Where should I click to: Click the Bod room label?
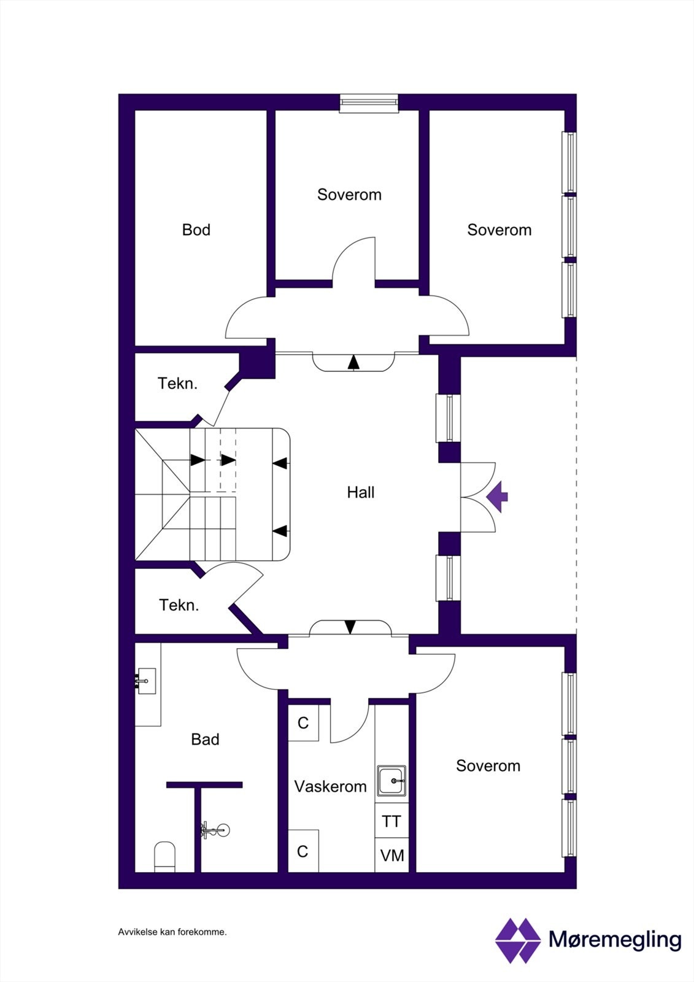pos(196,230)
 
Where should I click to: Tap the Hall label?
pos(360,492)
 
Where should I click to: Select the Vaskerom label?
pos(330,786)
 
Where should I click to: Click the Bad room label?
pos(205,739)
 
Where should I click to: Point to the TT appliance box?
pos(391,821)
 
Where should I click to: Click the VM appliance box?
pos(391,855)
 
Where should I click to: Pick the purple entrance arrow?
pos(498,497)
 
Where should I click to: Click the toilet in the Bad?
pos(164,856)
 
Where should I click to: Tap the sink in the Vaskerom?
pos(391,781)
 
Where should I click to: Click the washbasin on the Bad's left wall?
pos(146,681)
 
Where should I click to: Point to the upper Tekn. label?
pos(177,384)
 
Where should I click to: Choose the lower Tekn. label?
pos(179,605)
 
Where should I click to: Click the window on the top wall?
pos(369,103)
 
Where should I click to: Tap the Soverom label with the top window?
pos(349,195)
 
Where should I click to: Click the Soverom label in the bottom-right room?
pos(488,765)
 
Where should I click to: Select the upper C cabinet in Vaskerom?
pos(303,723)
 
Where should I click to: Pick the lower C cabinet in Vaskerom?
pos(303,851)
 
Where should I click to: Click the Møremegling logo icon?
pos(517,940)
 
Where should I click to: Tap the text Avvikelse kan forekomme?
pos(172,932)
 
